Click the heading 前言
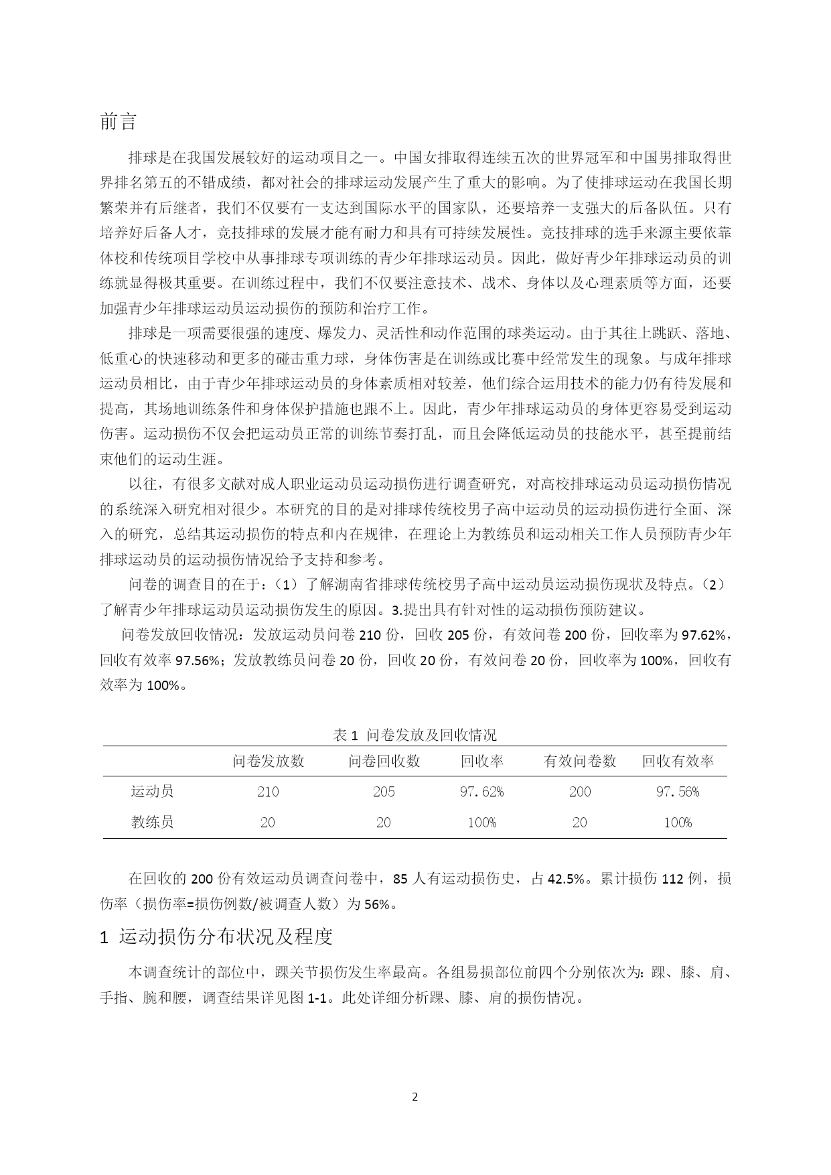pyautogui.click(x=119, y=122)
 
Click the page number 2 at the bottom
pyautogui.click(x=415, y=1097)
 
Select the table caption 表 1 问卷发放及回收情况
pyautogui.click(x=414, y=735)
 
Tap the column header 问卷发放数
pyautogui.click(x=269, y=761)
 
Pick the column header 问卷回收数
pyautogui.click(x=384, y=761)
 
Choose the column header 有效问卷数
pyautogui.click(x=580, y=761)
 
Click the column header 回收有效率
pyautogui.click(x=678, y=761)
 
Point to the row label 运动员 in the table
pyautogui.click(x=153, y=792)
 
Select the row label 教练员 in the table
pyautogui.click(x=153, y=822)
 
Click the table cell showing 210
pyautogui.click(x=268, y=792)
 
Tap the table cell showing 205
pyautogui.click(x=384, y=792)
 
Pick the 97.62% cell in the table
pyautogui.click(x=481, y=792)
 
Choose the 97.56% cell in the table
pyautogui.click(x=678, y=792)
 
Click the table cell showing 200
pyautogui.click(x=580, y=792)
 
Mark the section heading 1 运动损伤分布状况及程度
pyautogui.click(x=216, y=937)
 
